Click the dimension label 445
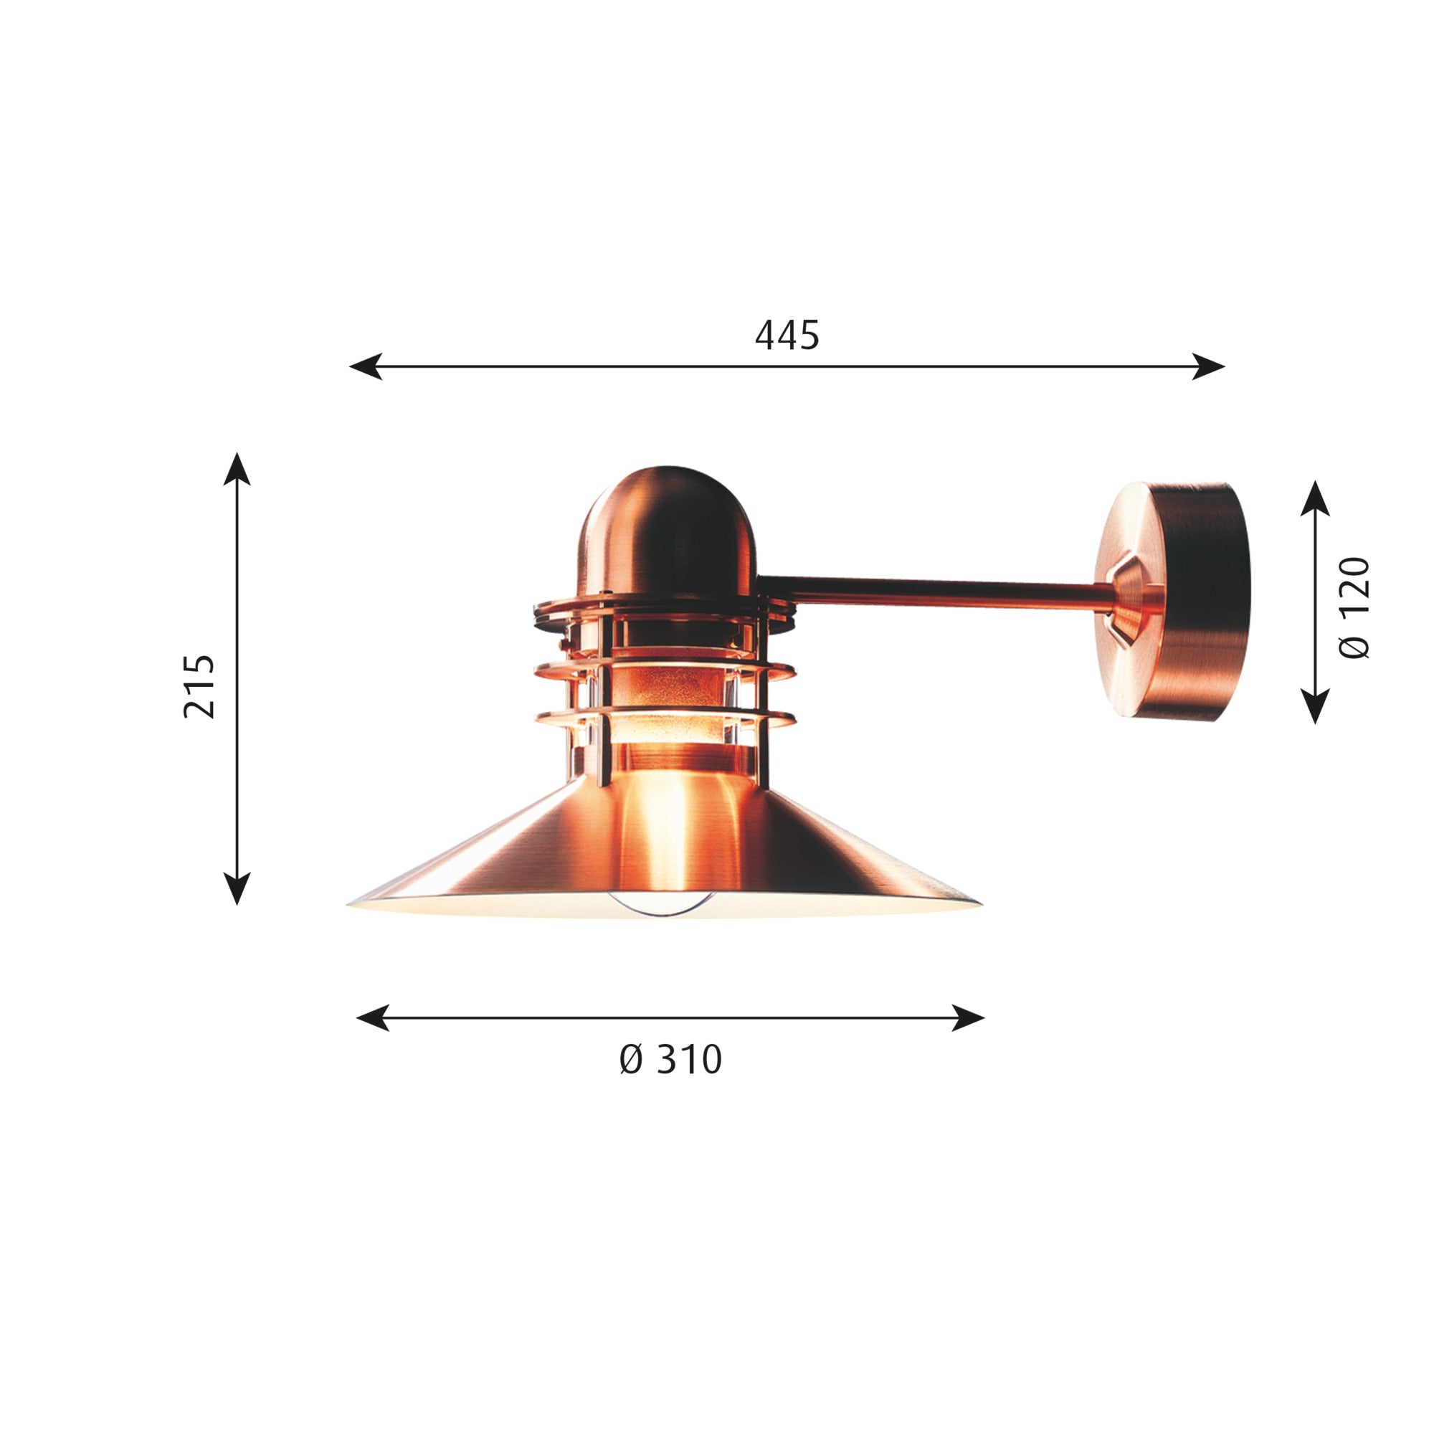pyautogui.click(x=787, y=336)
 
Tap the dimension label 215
pyautogui.click(x=199, y=686)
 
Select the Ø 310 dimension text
pyautogui.click(x=670, y=1059)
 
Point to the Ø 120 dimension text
pyautogui.click(x=1354, y=607)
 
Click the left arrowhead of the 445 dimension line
pyautogui.click(x=365, y=366)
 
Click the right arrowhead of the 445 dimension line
pyautogui.click(x=1208, y=366)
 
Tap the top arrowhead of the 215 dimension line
pyautogui.click(x=237, y=468)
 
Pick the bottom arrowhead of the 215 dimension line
pyautogui.click(x=237, y=889)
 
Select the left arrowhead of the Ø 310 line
pyautogui.click(x=373, y=1017)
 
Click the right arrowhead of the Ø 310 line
pyautogui.click(x=969, y=1017)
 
